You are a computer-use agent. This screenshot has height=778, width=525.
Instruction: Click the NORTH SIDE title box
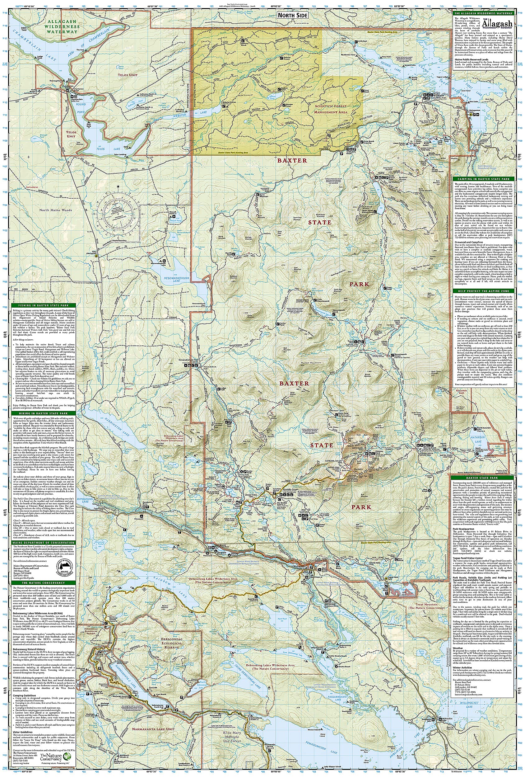click(x=293, y=15)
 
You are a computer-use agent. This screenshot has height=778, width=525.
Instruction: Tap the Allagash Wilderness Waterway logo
click(x=496, y=24)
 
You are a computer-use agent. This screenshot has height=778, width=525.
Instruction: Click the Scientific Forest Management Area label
click(x=330, y=109)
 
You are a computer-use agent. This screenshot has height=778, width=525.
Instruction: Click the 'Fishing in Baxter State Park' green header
click(x=44, y=305)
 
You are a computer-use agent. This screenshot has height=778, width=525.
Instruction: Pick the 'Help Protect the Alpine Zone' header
click(x=483, y=291)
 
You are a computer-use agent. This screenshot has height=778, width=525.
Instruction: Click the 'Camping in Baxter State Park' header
click(x=483, y=179)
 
